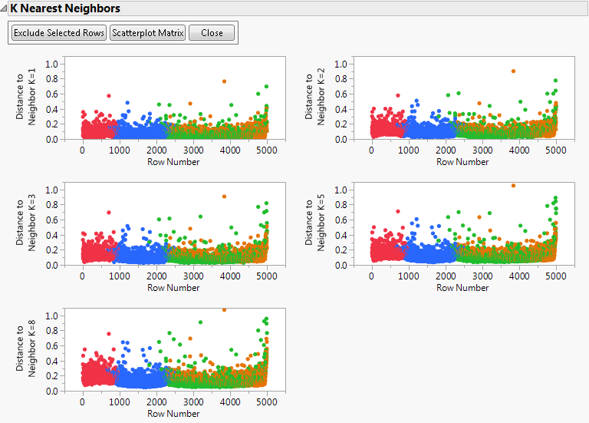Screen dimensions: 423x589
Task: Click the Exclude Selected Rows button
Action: click(59, 33)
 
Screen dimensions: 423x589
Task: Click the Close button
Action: click(212, 33)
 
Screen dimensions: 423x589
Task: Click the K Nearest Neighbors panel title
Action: click(65, 8)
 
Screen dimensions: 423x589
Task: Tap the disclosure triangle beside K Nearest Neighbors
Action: click(5, 8)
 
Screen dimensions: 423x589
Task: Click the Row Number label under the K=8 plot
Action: click(173, 414)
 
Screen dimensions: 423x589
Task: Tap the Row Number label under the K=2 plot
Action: click(462, 162)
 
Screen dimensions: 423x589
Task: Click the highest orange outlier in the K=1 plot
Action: click(224, 81)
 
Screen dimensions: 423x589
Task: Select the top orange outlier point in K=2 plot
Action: click(513, 71)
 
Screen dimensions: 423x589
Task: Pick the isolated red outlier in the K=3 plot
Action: click(109, 213)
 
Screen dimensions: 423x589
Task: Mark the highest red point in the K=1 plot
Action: click(109, 96)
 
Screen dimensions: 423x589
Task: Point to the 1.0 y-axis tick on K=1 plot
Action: click(51, 64)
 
